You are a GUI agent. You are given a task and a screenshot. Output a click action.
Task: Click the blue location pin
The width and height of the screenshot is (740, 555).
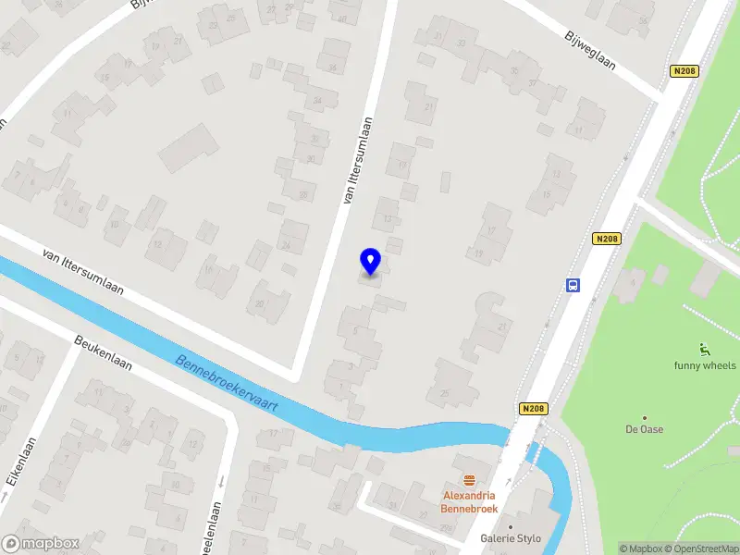point(370,261)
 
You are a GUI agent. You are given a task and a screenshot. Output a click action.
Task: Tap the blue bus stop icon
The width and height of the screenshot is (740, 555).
point(573,285)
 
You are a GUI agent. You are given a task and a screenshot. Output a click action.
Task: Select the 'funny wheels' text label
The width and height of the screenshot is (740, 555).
point(705,364)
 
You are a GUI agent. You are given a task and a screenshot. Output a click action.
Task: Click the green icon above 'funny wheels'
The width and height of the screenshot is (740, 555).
point(705,349)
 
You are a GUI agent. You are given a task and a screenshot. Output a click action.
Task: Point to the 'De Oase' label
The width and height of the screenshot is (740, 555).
point(645,429)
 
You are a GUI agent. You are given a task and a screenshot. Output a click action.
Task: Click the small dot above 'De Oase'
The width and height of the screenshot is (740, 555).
point(645,417)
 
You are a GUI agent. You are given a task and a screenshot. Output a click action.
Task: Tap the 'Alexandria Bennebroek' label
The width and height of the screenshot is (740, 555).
point(470,502)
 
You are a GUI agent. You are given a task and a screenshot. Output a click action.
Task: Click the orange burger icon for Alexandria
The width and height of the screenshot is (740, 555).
point(470,480)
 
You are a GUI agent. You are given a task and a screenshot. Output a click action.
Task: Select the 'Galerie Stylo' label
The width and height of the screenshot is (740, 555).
point(510,538)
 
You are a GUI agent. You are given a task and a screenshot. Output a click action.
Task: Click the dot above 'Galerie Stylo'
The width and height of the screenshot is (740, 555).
point(510,526)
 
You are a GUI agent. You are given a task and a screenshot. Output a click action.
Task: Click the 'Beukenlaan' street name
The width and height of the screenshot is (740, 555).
point(103,352)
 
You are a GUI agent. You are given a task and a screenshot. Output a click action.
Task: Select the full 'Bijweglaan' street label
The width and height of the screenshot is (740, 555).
point(590,49)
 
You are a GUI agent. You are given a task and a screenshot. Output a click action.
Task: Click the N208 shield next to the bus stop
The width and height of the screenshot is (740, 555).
point(606,239)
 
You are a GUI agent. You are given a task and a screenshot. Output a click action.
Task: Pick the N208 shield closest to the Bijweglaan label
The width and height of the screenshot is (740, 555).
point(683,71)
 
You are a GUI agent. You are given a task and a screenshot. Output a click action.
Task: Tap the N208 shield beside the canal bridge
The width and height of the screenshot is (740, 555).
point(534,408)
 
